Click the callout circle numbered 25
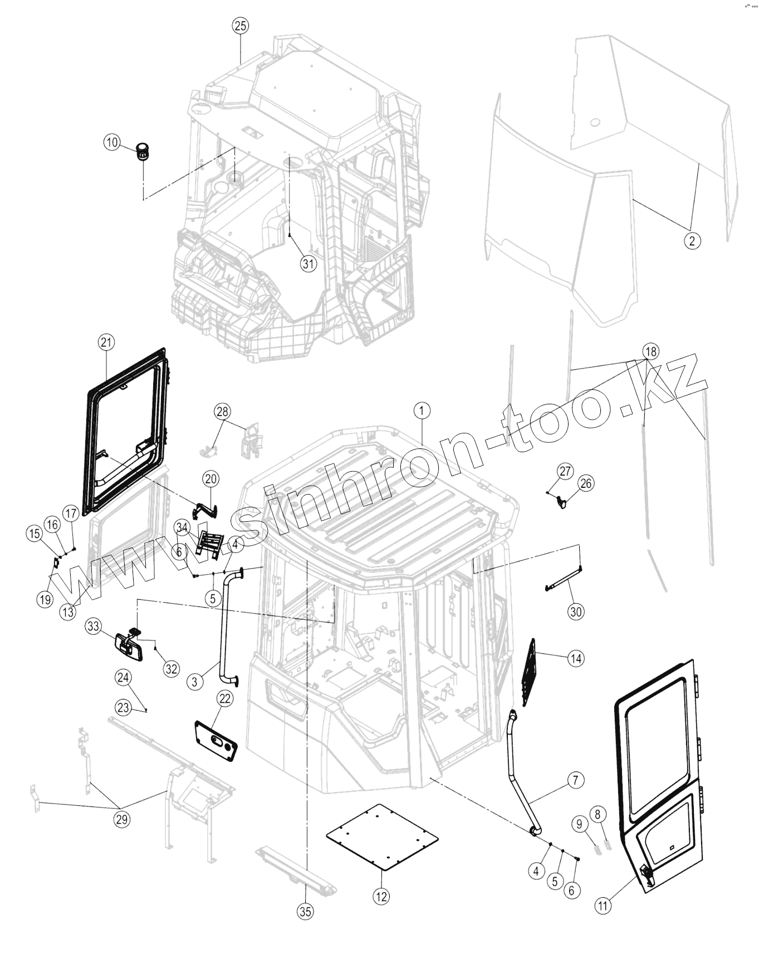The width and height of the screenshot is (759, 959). coord(241,26)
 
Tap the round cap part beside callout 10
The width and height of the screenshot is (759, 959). coord(144,150)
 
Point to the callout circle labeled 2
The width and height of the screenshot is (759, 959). coord(692,241)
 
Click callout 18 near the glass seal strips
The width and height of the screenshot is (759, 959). coord(650,351)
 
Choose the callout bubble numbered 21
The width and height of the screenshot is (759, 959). coord(106,342)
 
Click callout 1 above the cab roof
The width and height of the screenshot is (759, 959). coord(422,411)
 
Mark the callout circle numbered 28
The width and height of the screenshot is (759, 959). coord(222,412)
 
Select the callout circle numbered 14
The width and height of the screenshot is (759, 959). coord(576,658)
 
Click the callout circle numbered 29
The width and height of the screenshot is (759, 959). coord(122,819)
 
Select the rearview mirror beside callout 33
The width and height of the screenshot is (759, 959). coord(129,645)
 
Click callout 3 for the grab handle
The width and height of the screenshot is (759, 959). coord(194,682)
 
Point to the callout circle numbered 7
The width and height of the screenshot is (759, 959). coord(576,780)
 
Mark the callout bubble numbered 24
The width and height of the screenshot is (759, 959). coord(123,678)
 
